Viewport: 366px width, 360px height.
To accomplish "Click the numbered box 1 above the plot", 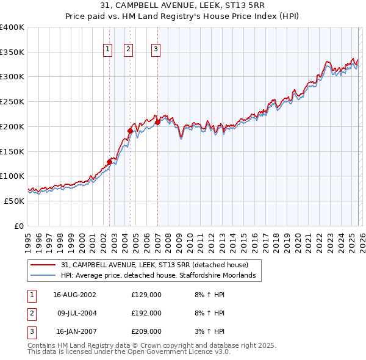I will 108,49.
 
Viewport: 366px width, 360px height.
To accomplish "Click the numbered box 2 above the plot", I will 129,49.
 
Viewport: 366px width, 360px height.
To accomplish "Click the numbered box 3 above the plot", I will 156,49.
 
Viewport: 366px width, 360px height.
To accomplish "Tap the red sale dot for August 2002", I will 110,162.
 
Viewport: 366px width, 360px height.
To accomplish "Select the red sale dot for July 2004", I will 130,131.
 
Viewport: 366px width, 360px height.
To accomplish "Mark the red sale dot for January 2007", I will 157,122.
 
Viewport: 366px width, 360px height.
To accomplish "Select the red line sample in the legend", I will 44,265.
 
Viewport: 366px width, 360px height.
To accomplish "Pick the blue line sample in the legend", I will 44,276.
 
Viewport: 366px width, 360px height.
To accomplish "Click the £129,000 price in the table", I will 146,295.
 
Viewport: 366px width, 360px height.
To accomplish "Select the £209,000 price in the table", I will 146,331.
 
